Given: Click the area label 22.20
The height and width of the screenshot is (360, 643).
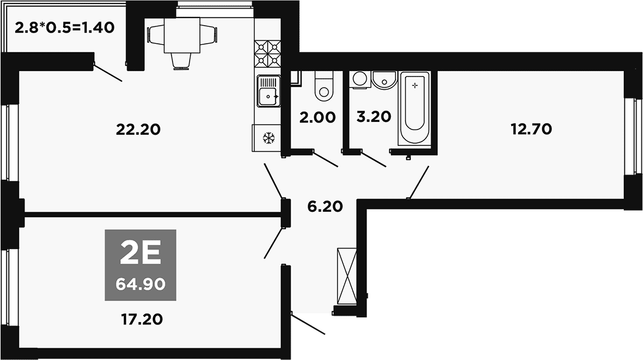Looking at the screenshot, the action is point(138,130).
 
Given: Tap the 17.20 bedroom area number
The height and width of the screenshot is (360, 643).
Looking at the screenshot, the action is point(142,319).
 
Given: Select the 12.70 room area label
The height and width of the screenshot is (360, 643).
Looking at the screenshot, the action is point(532,129).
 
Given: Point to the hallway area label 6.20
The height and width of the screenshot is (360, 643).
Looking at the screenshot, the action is point(325,206).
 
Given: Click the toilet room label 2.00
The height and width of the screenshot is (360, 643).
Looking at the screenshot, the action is point(317,118).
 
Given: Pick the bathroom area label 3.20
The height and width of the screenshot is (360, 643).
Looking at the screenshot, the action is point(373,117).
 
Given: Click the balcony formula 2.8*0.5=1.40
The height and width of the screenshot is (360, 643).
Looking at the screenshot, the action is point(64,28).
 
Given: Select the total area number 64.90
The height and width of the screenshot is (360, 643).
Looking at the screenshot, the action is point(141,284).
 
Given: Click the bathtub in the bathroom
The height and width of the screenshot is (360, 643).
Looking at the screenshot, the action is point(415,108).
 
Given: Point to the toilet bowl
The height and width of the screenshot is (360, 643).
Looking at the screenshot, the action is point(324,86).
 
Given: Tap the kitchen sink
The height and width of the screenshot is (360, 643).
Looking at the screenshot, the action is point(268,91).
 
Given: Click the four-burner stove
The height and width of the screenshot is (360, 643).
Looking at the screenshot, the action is point(267,54).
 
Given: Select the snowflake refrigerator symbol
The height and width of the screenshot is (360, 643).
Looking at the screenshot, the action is point(268,138).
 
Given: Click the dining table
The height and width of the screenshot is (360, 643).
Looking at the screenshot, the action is point(182,35).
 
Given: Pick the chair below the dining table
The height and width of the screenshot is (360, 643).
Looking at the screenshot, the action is point(181,61).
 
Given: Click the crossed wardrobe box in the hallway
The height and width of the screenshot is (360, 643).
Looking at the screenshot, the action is point(347,276).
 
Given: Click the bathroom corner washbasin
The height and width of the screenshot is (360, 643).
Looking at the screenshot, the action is point(385,80).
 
